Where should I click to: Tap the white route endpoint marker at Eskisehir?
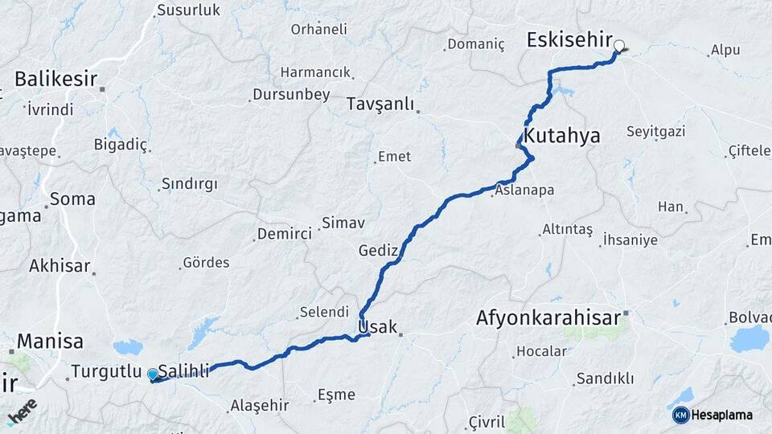[619, 46]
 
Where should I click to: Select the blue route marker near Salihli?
[153, 375]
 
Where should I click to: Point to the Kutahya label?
[562, 135]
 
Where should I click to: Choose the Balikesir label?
[55, 79]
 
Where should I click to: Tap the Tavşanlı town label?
[380, 104]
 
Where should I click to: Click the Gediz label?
[378, 251]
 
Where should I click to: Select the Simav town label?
[343, 223]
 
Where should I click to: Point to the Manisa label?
[50, 341]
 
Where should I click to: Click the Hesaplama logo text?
[721, 415]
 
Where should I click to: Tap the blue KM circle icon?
[680, 415]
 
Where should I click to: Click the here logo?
[22, 410]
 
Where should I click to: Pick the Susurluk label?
[188, 10]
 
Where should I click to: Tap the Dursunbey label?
[291, 95]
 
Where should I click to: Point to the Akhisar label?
[60, 265]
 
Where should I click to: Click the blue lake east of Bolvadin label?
[749, 338]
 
